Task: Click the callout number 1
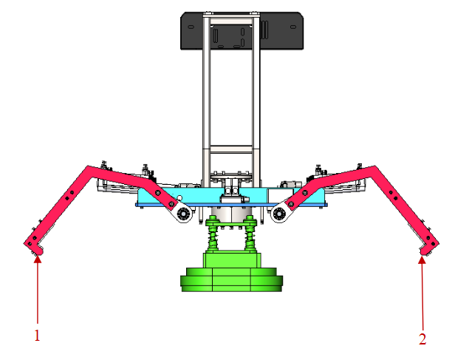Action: point(37,335)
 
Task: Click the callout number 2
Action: point(422,339)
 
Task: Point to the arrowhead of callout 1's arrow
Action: point(37,258)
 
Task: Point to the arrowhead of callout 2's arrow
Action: point(422,259)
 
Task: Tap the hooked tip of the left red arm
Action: point(34,249)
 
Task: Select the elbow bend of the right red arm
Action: point(374,171)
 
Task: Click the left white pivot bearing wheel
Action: point(182,214)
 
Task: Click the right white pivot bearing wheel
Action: point(279,214)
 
